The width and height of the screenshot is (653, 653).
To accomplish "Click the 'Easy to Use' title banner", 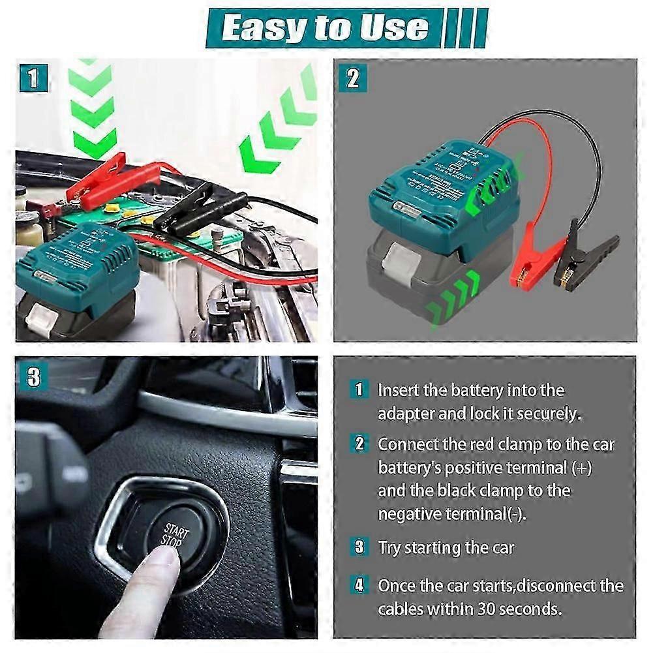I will (324, 28).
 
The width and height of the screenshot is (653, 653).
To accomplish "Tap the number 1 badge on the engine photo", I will (34, 79).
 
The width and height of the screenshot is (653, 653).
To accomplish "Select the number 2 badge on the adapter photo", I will (353, 79).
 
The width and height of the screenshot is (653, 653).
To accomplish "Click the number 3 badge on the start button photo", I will (34, 377).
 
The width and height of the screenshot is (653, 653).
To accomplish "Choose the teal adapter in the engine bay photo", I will (78, 261).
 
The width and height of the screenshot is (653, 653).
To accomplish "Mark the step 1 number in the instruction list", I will (358, 390).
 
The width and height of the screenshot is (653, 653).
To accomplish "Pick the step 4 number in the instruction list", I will (358, 585).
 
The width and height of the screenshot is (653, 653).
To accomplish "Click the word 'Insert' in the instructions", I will (399, 390).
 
